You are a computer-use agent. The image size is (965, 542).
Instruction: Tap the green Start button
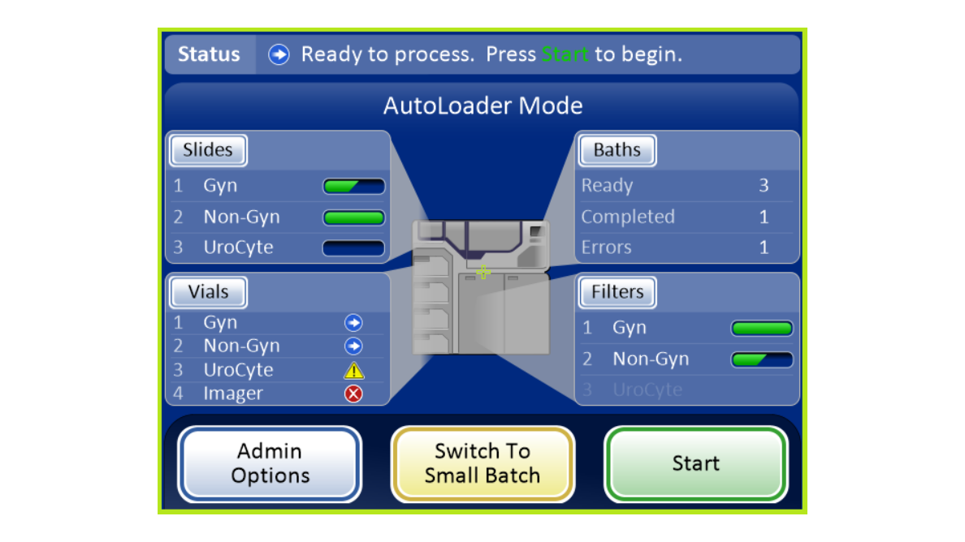tap(695, 464)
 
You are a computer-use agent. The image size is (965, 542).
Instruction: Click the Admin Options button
tap(270, 464)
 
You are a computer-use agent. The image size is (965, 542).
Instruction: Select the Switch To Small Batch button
tap(482, 464)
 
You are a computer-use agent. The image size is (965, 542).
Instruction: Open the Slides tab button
tap(208, 150)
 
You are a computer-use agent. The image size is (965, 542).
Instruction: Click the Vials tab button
tap(208, 292)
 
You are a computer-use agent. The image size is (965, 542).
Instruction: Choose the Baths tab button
tap(617, 150)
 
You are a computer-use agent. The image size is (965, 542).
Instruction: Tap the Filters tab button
tap(617, 292)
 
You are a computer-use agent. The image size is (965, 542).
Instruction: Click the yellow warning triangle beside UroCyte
tap(354, 371)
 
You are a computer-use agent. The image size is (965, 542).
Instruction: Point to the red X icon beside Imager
tap(353, 394)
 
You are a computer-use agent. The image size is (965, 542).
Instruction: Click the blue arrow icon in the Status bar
tap(279, 54)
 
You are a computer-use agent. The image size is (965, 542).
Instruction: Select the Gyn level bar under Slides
tap(354, 186)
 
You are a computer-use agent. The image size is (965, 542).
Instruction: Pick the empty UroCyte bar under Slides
tap(354, 247)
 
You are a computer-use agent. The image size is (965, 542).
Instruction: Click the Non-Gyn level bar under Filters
tap(762, 359)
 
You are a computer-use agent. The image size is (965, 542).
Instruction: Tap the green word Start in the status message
tap(565, 54)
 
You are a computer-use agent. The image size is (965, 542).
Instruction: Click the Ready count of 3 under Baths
tap(764, 186)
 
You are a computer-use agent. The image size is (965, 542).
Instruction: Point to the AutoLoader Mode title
tap(483, 105)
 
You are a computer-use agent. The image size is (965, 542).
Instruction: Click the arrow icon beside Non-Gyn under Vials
tap(353, 346)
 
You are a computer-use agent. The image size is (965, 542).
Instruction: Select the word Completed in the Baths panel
tap(628, 217)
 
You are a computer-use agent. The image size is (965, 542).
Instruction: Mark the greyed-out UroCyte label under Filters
tap(647, 389)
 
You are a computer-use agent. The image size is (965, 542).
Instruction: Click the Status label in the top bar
tap(209, 54)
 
